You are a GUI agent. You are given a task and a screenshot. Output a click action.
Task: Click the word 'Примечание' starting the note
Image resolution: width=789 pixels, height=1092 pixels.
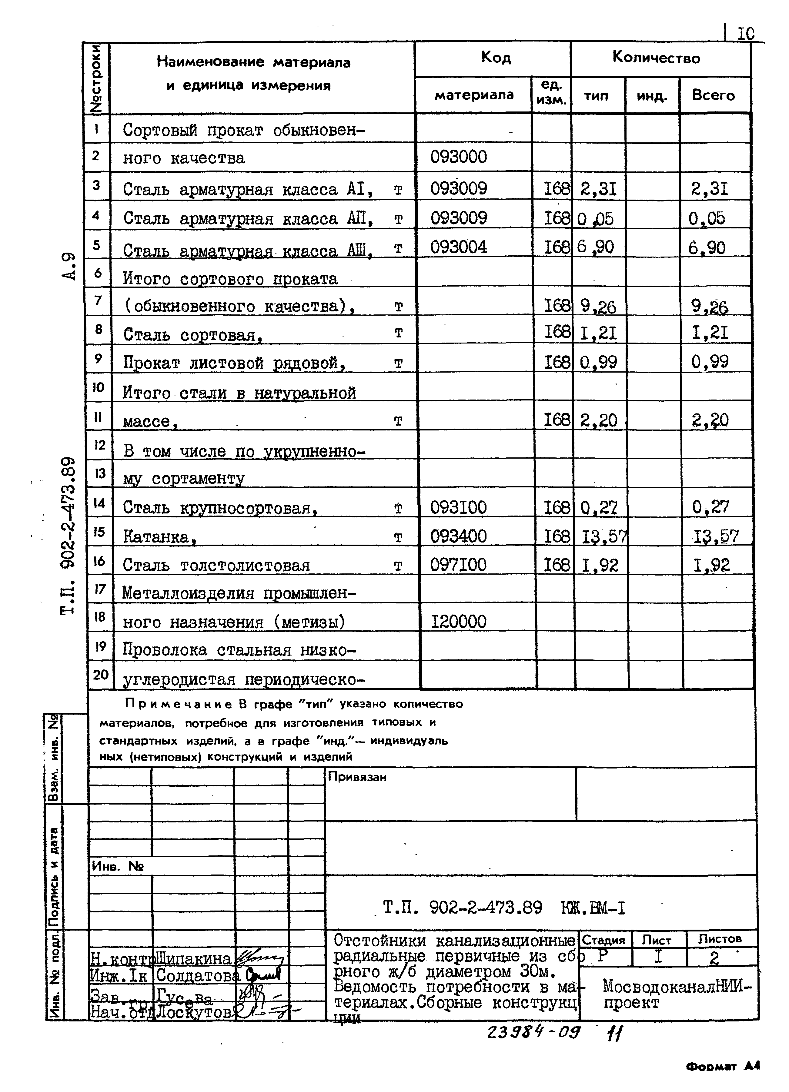(178, 704)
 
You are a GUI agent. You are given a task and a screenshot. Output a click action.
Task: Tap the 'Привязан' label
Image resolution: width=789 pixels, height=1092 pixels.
(357, 777)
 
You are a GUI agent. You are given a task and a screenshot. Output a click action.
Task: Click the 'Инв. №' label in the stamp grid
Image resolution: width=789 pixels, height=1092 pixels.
(118, 866)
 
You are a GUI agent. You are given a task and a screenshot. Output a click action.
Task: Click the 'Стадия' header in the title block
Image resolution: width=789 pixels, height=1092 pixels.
(603, 940)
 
